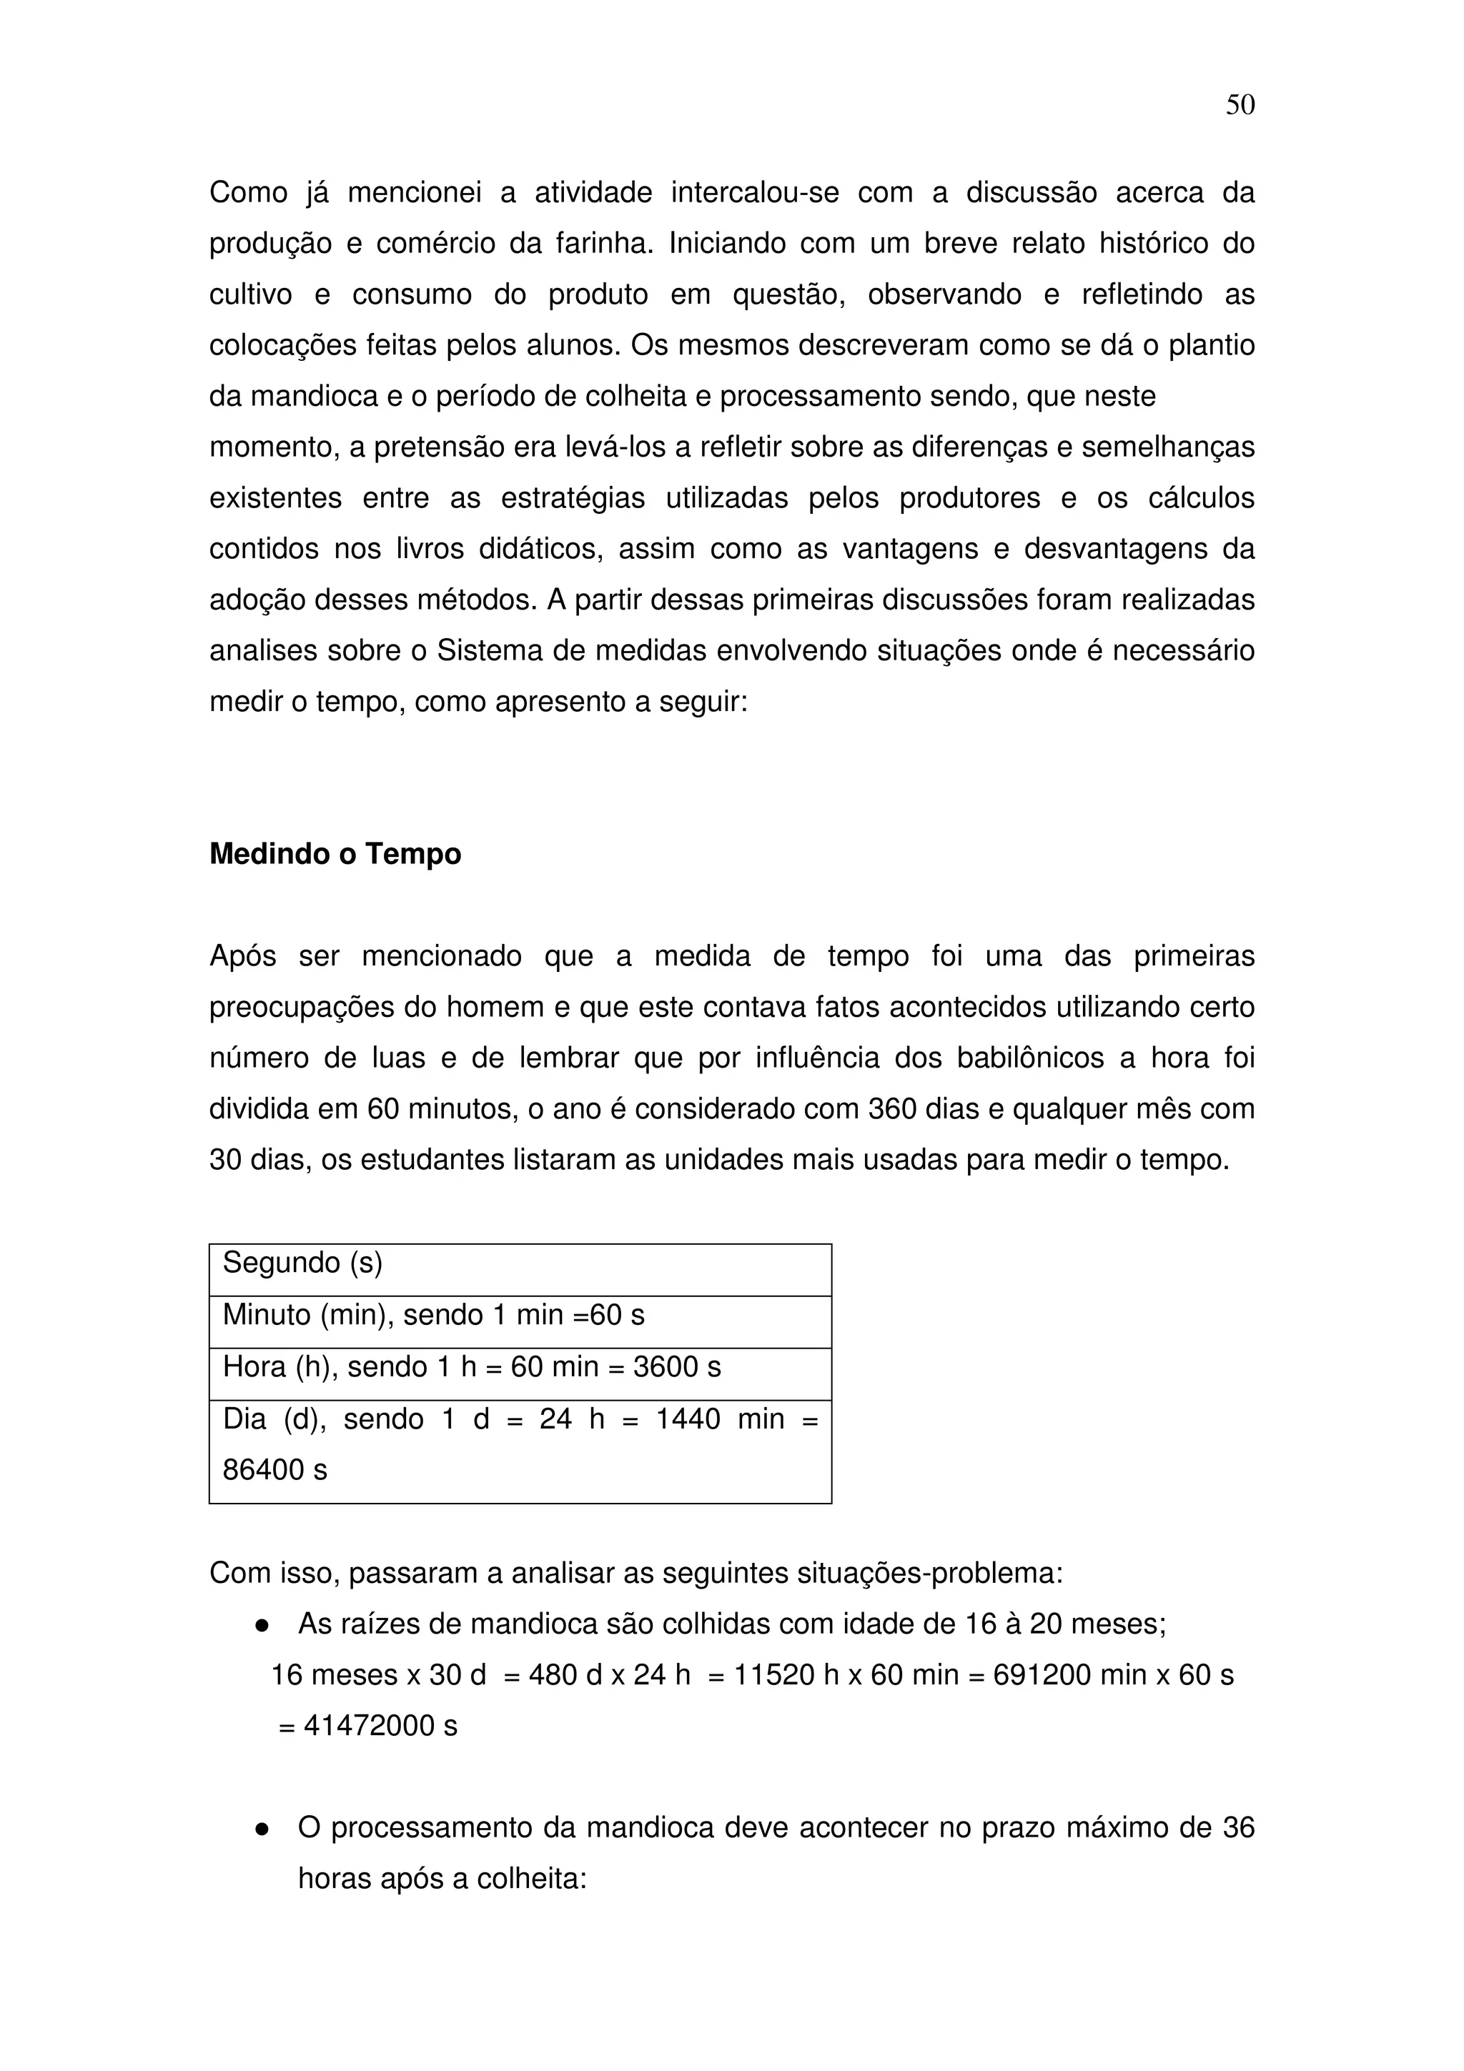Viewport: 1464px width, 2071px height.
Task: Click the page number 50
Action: tap(1240, 106)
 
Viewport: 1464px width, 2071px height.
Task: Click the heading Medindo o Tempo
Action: tap(335, 853)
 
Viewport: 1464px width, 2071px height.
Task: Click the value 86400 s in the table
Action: tap(274, 1470)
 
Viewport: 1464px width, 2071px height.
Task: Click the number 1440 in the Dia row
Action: tap(688, 1419)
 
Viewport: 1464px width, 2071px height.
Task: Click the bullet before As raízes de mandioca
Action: tap(262, 1625)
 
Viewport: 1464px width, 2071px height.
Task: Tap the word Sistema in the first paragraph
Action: tap(490, 650)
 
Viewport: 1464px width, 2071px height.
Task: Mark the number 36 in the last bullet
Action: tap(1237, 1827)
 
